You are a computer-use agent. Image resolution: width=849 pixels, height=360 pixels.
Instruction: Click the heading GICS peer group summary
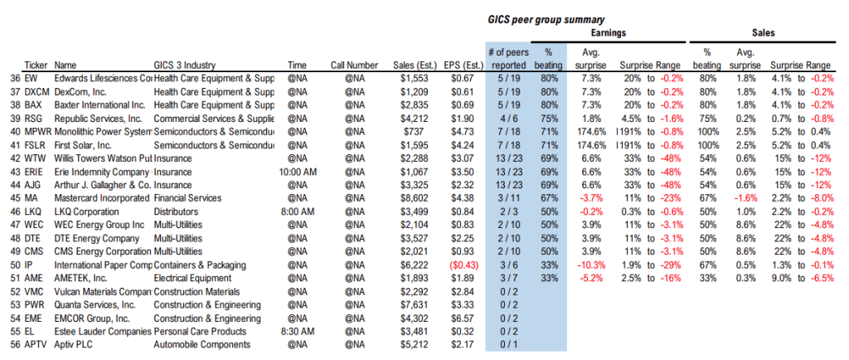(x=544, y=19)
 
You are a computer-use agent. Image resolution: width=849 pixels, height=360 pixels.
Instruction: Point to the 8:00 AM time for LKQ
(x=296, y=212)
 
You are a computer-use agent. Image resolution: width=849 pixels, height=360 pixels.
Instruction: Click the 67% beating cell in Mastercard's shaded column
(x=548, y=198)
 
